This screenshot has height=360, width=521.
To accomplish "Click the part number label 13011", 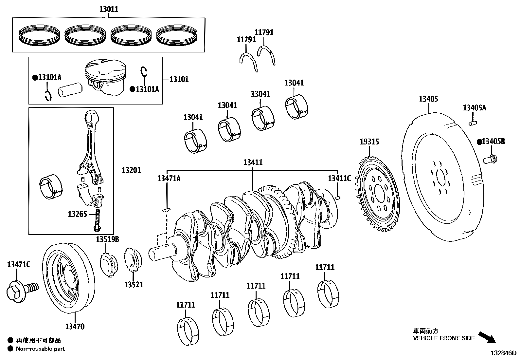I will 109,9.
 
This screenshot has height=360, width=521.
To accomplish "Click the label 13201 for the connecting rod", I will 131,170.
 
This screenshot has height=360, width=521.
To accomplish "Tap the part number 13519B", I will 107,240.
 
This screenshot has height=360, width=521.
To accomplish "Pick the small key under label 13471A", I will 166,209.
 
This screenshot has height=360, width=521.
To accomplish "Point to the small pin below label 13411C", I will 339,198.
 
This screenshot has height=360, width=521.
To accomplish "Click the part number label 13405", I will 428,99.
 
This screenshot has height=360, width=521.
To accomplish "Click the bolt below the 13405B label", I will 491,160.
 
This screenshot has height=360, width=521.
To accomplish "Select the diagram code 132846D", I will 503,353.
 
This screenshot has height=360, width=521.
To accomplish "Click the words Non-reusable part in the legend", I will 40,349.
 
